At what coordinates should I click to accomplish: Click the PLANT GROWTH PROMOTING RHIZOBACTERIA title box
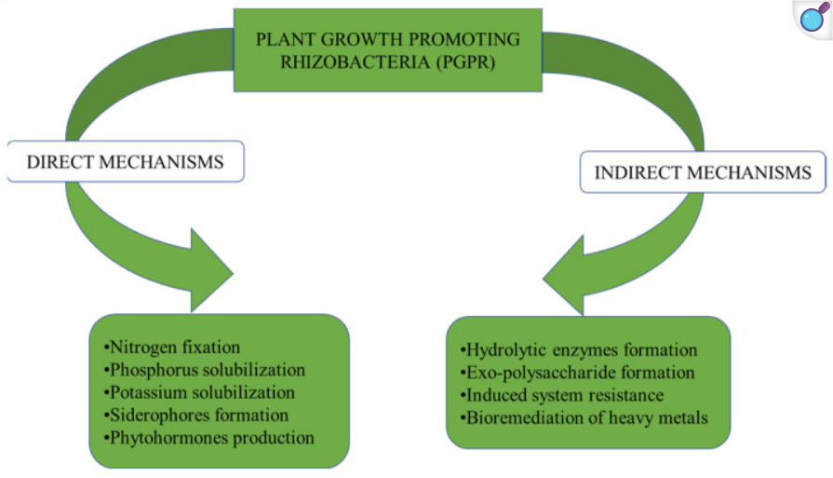coord(387,50)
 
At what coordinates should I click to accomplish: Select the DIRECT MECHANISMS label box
coord(125,161)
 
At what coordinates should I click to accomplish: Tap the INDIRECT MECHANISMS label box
coord(703,172)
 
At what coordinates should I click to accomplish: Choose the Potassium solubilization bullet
coord(198,393)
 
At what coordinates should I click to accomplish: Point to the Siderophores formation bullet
coord(195,415)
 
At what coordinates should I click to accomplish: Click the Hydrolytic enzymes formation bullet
coord(579,351)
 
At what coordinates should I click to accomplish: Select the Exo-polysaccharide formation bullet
coord(578,374)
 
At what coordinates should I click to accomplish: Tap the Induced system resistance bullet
coord(562,396)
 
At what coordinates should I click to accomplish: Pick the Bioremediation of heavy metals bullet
coord(584,418)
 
